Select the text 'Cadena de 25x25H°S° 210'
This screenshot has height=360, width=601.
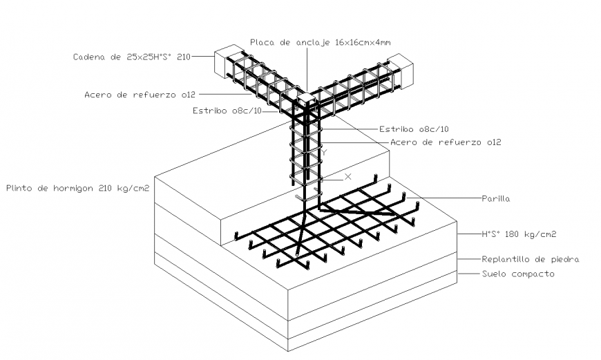pos(131,57)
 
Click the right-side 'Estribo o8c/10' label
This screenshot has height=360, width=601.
pos(414,129)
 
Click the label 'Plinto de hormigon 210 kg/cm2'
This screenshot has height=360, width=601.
pos(77,187)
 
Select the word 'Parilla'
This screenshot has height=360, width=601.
pos(495,198)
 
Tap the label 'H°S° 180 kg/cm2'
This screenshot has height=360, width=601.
pos(519,234)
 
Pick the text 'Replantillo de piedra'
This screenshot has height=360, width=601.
pos(530,259)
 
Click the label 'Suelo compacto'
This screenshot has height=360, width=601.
pos(517,274)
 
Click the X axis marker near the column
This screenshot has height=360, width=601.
pos(347,177)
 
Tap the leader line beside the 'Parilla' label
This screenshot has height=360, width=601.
pos(449,198)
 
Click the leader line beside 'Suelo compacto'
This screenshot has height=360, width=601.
pos(468,274)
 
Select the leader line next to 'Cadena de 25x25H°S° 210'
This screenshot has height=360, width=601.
pos(202,57)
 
